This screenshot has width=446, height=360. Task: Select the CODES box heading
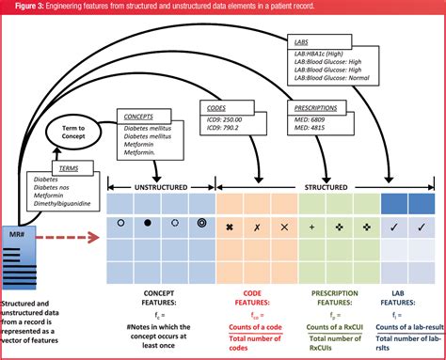(x=215, y=107)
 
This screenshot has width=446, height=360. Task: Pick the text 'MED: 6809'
(x=310, y=120)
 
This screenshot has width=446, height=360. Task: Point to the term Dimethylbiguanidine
(x=65, y=203)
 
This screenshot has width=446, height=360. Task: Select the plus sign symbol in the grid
(x=311, y=227)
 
